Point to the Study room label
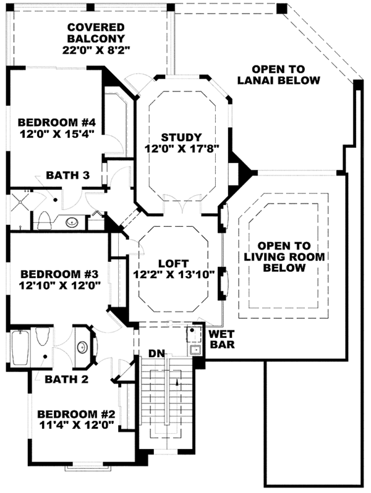pyautogui.click(x=182, y=137)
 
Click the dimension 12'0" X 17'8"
pyautogui.click(x=182, y=149)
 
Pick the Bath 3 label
pyautogui.click(x=69, y=176)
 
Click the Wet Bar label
pyautogui.click(x=221, y=339)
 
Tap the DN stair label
pyautogui.click(x=156, y=354)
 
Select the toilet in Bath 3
pyautogui.click(x=44, y=219)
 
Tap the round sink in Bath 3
pyautogui.click(x=73, y=221)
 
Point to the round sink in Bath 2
pyautogui.click(x=82, y=347)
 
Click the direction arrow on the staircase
pyautogui.click(x=177, y=382)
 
